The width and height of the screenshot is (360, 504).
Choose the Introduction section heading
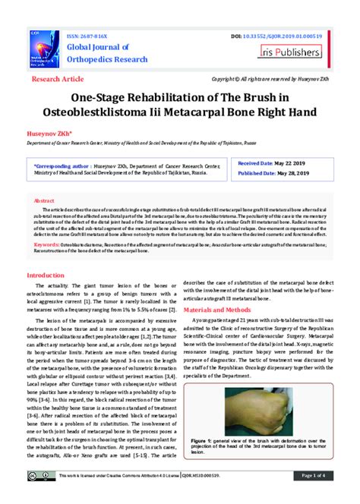pyautogui.click(x=51, y=275)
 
